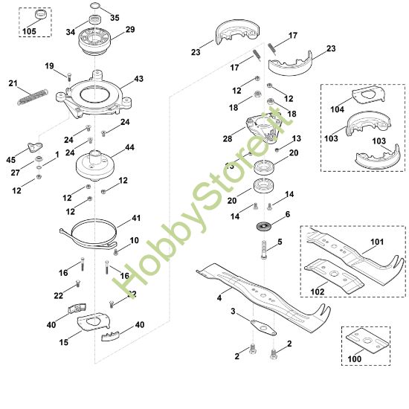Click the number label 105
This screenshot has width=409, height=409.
(x=29, y=31)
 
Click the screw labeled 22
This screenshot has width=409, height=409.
(x=77, y=284)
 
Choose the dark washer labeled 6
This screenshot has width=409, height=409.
(x=264, y=225)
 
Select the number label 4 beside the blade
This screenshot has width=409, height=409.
(x=219, y=297)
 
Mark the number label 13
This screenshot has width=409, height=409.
(x=296, y=138)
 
